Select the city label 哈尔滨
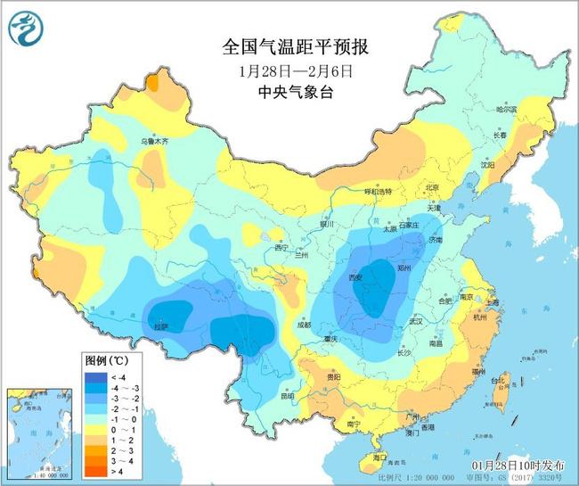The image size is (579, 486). (x=505, y=109)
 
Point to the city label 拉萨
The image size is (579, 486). (x=160, y=326)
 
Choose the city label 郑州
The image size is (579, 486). (x=406, y=267)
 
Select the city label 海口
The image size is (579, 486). (x=381, y=457)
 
